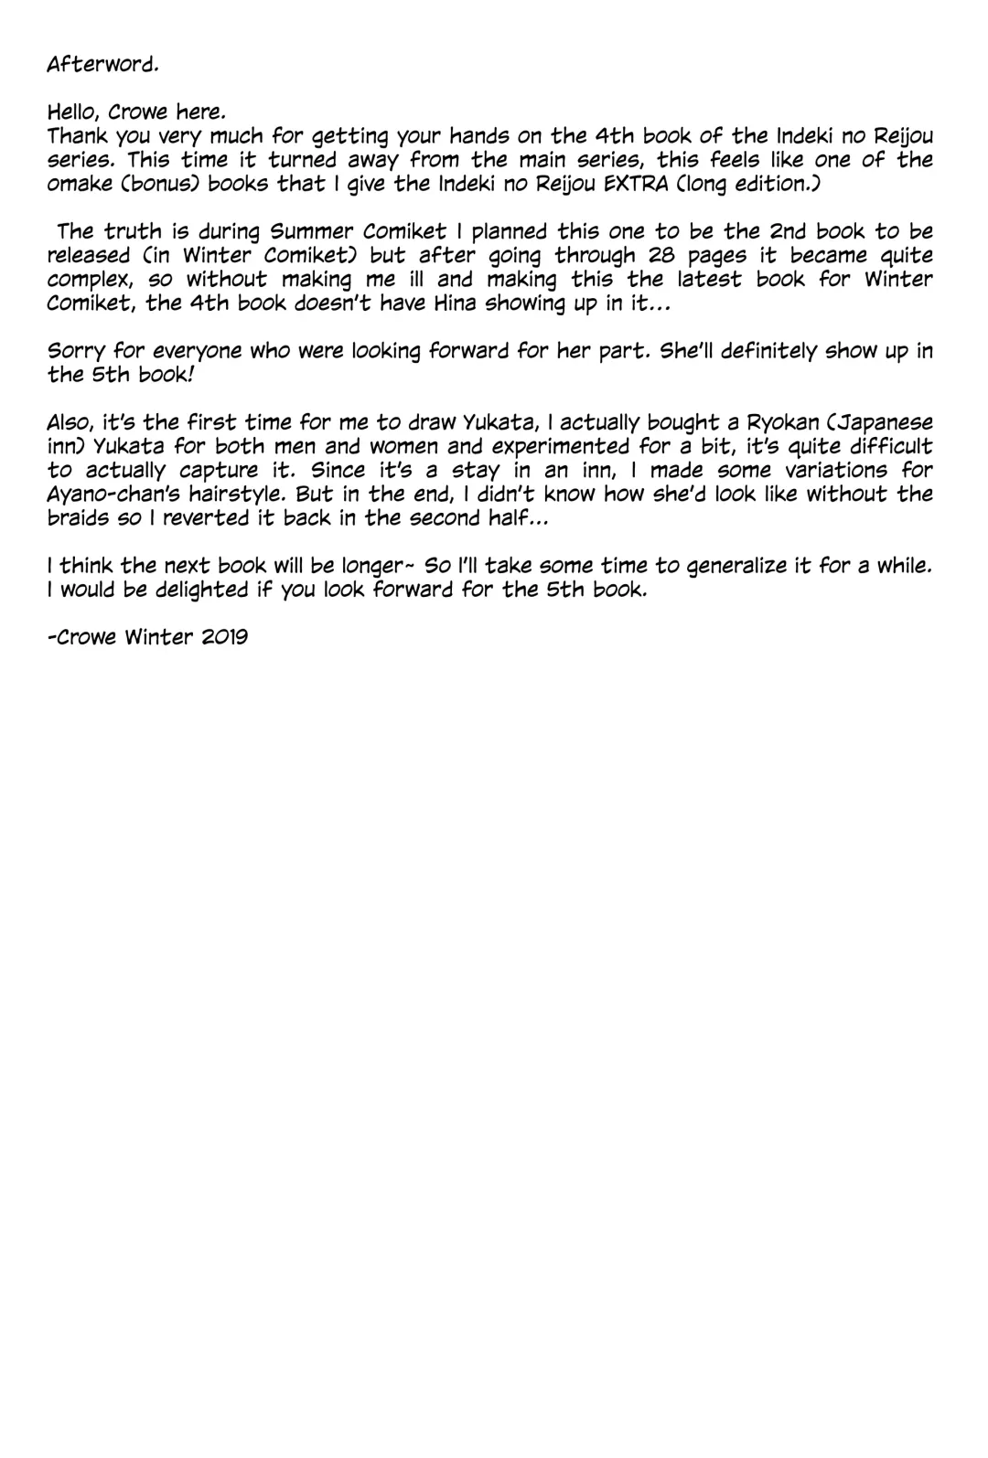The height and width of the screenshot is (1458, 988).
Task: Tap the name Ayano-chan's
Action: [108, 494]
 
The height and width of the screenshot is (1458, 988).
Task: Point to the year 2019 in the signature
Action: [224, 636]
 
